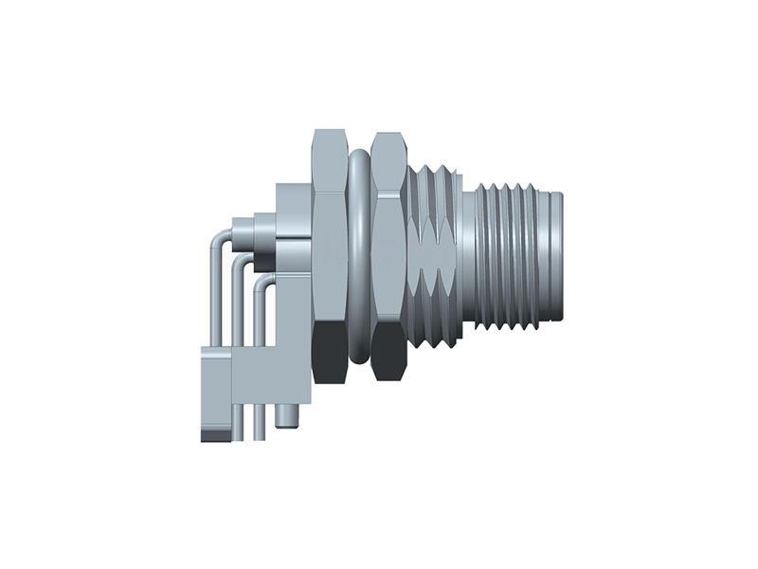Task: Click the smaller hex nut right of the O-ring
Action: coord(388,247)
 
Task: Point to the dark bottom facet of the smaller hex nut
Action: coord(388,355)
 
